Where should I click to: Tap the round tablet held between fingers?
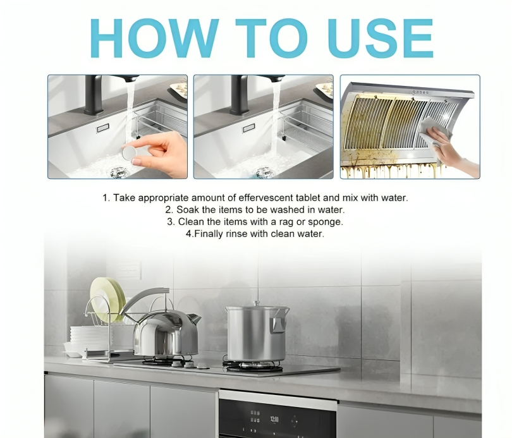(x=130, y=152)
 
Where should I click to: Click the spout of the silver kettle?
(x=193, y=318)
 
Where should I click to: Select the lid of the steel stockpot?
(x=258, y=307)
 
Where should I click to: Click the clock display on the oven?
(x=274, y=419)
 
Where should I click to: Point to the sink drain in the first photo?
(x=118, y=172)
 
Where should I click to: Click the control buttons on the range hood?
(x=420, y=92)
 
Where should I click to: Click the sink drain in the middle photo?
(x=264, y=172)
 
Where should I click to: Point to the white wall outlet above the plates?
(x=130, y=270)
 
